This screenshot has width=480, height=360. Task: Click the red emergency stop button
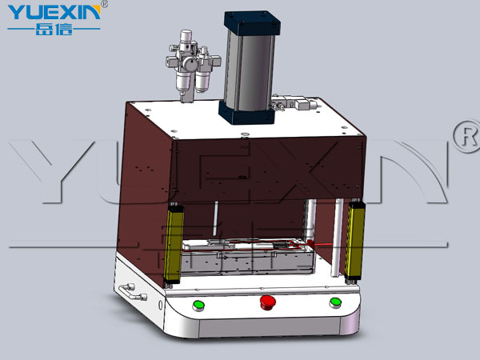pos(267,302)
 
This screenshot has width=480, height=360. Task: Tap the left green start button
pos(198,306)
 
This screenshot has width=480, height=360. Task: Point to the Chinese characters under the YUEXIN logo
pos(54,30)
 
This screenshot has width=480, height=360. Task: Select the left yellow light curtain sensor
pos(174,244)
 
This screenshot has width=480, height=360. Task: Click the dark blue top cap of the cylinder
pos(252,23)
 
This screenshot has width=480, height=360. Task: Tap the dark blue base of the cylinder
pos(246,113)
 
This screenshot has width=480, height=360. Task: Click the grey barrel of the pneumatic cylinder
pos(249,71)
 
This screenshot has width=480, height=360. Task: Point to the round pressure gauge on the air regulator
pos(190,64)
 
